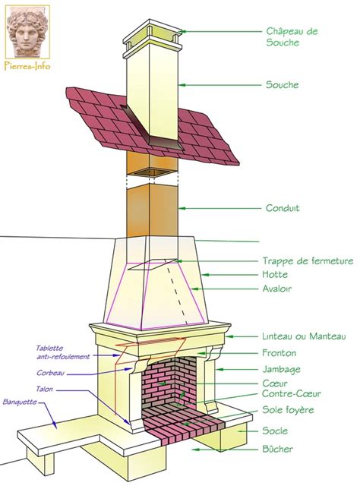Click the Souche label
coord(282,84)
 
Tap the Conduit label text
coord(283,208)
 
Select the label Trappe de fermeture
coord(308,260)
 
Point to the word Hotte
coord(275,274)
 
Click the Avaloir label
coord(276,289)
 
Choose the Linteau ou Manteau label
coord(304,336)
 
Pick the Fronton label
coord(279,353)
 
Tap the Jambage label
coord(281,370)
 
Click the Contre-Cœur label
coord(291,393)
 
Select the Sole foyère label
coord(288,409)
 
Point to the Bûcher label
coord(277,449)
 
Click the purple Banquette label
coord(20,402)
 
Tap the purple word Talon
coord(44,389)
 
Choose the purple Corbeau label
coord(51,373)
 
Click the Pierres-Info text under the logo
coord(27,66)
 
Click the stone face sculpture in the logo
coord(27,31)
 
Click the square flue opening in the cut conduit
coord(151,172)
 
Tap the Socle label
coord(275,431)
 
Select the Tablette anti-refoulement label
coord(63,352)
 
